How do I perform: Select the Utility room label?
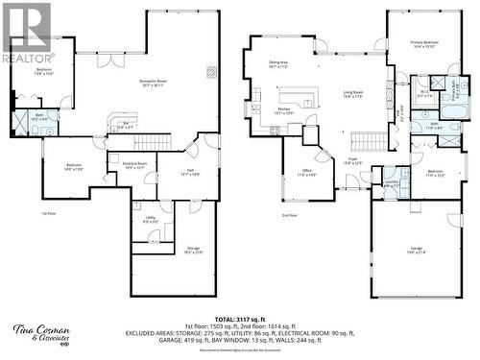point(151,220)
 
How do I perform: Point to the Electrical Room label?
point(134,165)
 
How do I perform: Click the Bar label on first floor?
point(126,124)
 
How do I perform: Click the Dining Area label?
point(278,64)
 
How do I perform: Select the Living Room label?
point(352,94)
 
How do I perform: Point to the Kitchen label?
point(284,111)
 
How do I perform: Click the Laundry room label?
point(391,182)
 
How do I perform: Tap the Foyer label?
point(352,160)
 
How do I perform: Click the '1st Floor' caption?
point(49,213)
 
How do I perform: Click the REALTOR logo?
point(27,35)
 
